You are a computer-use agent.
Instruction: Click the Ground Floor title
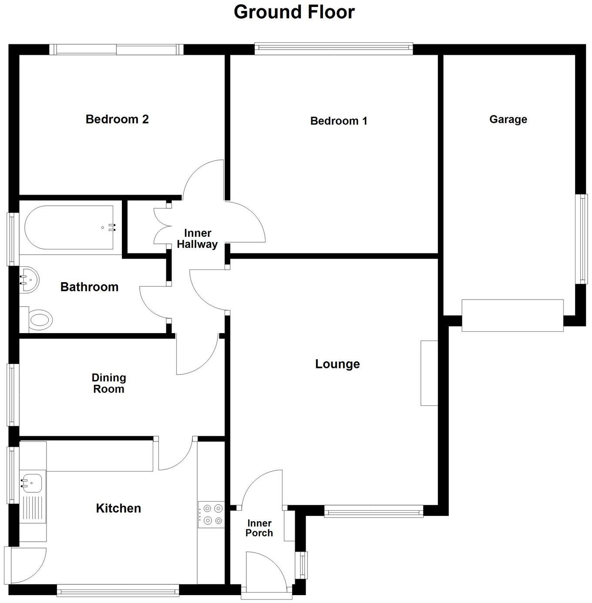294,12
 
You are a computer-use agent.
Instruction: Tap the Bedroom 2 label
117,119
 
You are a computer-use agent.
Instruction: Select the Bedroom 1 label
339,121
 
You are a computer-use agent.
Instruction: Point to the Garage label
508,119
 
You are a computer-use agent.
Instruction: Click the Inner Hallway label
197,239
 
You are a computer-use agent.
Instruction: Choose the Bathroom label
89,287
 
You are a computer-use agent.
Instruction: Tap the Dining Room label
109,383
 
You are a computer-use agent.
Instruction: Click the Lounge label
337,364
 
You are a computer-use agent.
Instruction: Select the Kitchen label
118,508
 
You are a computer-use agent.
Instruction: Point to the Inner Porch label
259,528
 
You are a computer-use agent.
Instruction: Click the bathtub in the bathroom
70,227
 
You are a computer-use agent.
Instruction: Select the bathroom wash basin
29,280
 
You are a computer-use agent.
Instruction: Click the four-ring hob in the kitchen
211,514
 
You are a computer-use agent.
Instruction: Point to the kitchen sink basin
33,482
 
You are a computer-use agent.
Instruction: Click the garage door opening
512,315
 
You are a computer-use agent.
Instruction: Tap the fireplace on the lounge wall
429,373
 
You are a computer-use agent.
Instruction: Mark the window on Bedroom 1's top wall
333,49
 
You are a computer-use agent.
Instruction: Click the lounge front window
373,511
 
